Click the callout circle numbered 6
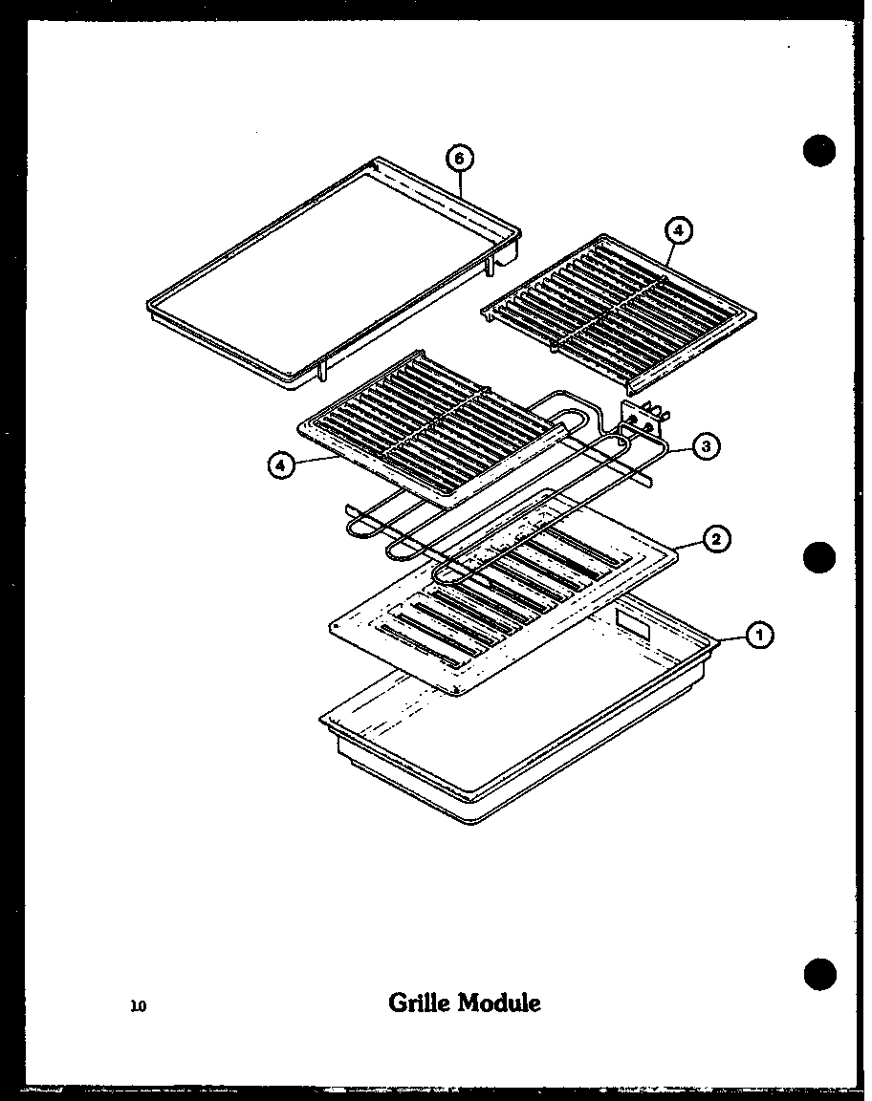point(460,158)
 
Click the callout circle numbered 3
point(705,445)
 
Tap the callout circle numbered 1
point(760,633)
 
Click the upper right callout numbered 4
point(678,230)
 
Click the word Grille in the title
point(420,1003)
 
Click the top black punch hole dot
point(819,152)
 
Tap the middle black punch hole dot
point(819,557)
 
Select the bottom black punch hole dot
point(819,973)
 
